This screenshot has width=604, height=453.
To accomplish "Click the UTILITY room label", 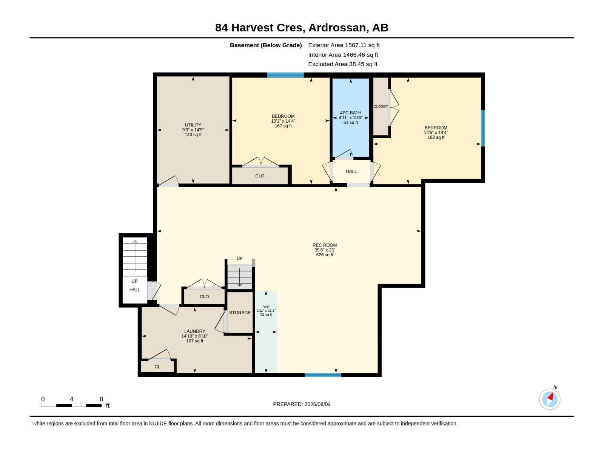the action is coord(193,125).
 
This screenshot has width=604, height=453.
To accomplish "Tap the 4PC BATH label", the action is coord(351,113).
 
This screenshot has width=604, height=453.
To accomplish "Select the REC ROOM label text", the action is coord(324,245).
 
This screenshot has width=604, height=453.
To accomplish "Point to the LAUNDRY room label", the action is coord(194,331).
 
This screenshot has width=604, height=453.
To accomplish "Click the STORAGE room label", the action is coord(240,313).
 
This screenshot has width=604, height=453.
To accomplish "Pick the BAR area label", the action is coord(266,307).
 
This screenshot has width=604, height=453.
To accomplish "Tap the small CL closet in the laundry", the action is coord(157,367).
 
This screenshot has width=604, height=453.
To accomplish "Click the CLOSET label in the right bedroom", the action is coord(381,106).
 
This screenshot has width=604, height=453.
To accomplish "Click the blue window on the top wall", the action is coord(285,75).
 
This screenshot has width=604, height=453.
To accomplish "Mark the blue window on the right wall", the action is coord(483,128).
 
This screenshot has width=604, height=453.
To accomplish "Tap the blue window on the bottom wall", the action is coord(323,375).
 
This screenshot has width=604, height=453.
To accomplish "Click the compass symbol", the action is coord(550,399).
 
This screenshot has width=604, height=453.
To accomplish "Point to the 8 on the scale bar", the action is coord(101,399).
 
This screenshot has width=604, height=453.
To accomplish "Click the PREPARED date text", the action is coord(302,404).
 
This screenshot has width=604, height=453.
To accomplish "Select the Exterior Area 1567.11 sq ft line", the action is coord(344,45).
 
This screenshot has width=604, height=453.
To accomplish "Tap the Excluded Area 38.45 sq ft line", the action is coord(343,64).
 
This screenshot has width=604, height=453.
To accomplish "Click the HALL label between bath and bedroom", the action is coord(351,171).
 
